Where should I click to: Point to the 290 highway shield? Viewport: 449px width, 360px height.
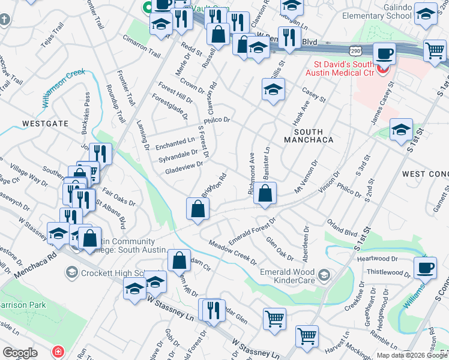(356, 48)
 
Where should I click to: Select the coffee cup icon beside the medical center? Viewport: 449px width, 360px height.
(384, 54)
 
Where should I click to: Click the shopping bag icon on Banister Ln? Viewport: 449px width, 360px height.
(264, 194)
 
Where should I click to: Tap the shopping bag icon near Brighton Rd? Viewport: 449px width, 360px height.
(197, 209)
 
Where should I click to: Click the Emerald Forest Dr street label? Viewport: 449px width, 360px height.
(252, 229)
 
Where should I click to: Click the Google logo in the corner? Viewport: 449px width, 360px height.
(20, 353)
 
